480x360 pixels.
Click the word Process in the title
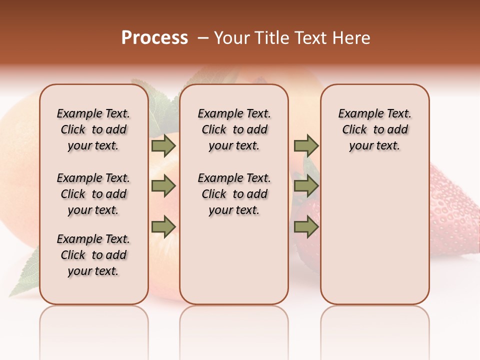coord(154,38)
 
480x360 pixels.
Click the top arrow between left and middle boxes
coord(163,145)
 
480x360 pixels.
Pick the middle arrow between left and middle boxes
coord(163,186)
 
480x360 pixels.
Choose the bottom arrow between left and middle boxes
coord(163,227)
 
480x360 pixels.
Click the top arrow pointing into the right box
coord(306,145)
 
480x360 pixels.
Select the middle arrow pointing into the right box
coord(306,186)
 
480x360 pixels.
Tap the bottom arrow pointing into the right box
coord(306,227)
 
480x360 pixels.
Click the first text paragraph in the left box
coord(93,129)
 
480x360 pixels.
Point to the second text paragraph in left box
coord(93,194)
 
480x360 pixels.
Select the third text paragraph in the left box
coord(93,255)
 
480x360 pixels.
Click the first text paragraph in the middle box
coord(234,129)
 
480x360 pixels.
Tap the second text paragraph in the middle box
coord(234,194)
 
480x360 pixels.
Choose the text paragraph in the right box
coord(374,129)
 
